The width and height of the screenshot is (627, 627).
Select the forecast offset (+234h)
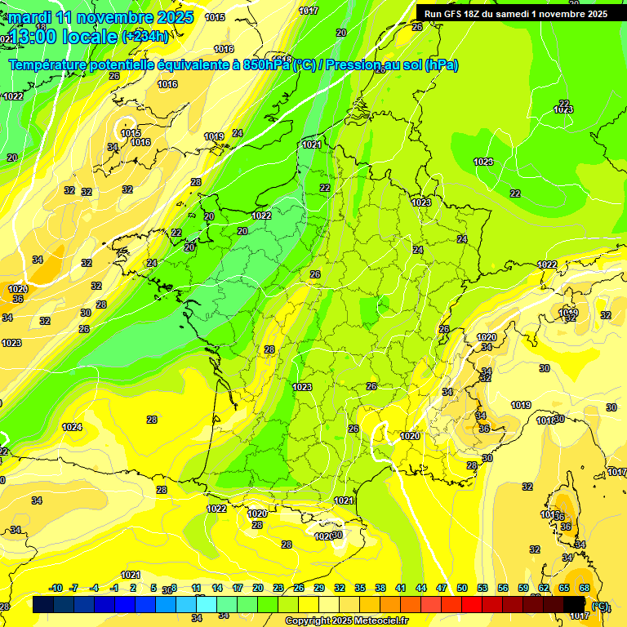[145, 36]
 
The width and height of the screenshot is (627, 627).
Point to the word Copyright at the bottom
[309, 621]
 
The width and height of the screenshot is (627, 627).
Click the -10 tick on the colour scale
[56, 588]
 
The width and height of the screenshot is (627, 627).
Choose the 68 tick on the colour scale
[585, 588]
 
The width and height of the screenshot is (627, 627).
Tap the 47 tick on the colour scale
[442, 588]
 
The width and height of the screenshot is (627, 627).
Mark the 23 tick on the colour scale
[278, 588]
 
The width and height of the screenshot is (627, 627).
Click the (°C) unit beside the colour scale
[601, 606]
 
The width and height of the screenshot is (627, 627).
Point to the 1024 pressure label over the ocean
[72, 427]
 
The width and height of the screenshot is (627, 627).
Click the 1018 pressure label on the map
[546, 420]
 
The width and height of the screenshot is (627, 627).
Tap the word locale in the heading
[92, 36]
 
